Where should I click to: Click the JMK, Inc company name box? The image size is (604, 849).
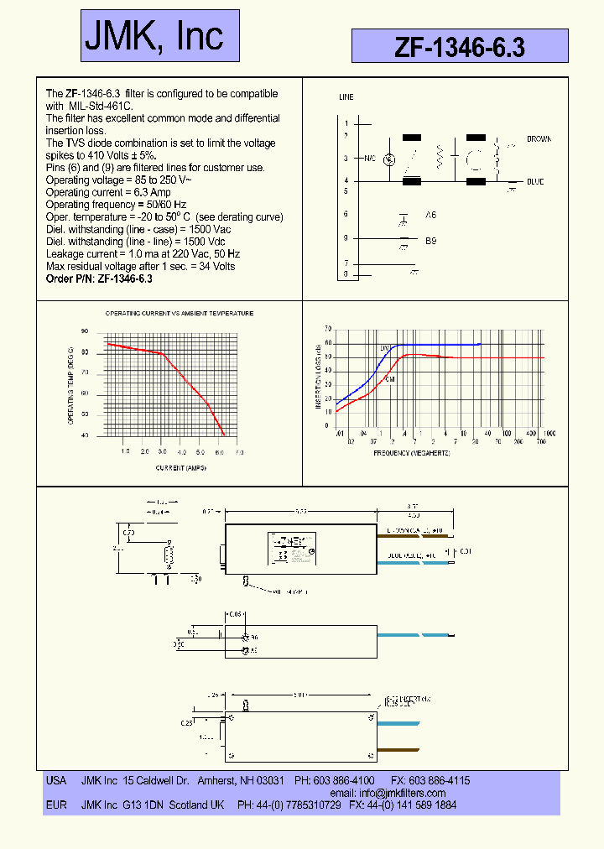pos(159,35)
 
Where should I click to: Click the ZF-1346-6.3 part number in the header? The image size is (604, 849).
pos(460,48)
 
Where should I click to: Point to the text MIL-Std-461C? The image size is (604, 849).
pos(100,107)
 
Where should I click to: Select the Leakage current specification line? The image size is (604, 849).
pos(143,253)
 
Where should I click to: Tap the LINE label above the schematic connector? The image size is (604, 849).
pos(346,97)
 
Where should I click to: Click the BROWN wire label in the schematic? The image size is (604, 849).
pos(539,138)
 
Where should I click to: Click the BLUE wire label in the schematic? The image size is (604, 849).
pos(535,181)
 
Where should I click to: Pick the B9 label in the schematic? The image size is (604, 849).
pos(430,240)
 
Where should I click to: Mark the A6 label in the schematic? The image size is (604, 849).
pos(430,216)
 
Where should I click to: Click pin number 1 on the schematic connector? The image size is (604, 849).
pos(346,124)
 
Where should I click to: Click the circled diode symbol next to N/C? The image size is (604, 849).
pos(388,159)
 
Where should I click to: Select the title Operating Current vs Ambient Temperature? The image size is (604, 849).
pos(179,313)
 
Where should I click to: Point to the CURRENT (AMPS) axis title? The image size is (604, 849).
pos(180,466)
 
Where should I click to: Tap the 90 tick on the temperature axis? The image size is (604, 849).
pos(85,331)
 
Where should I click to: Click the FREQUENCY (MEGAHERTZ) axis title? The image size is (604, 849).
pos(412,453)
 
